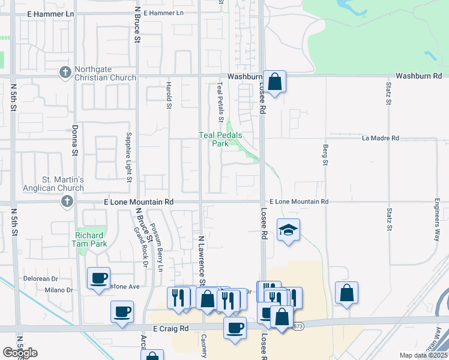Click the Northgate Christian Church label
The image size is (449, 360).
[x=105, y=73]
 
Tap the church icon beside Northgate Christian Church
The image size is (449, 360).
[x=65, y=72]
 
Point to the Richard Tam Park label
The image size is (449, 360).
[x=89, y=239]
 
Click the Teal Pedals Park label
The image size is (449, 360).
[x=220, y=139]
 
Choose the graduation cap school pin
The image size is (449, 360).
[x=289, y=230]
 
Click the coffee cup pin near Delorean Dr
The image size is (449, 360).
[x=99, y=278]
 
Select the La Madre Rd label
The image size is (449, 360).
[x=381, y=138]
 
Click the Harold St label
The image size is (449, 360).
[x=169, y=95]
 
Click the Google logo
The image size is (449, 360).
[x=20, y=352]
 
